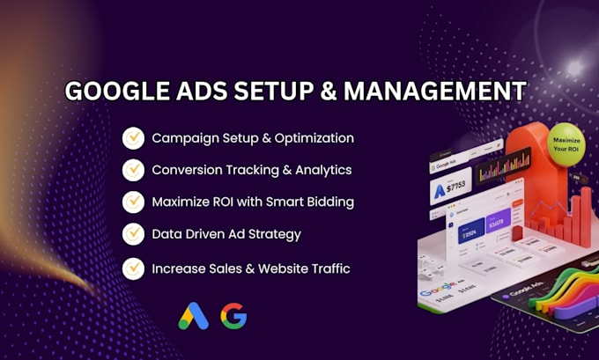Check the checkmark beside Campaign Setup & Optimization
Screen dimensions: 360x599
click(133, 138)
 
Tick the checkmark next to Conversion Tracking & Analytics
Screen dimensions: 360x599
click(133, 170)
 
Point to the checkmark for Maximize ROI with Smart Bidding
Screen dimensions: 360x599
click(133, 202)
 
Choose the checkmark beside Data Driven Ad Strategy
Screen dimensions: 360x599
click(133, 233)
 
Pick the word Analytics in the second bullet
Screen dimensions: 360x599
click(321, 170)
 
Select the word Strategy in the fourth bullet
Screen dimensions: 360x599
click(273, 233)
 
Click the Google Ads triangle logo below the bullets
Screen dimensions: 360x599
click(191, 316)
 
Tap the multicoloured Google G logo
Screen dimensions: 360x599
click(233, 316)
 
